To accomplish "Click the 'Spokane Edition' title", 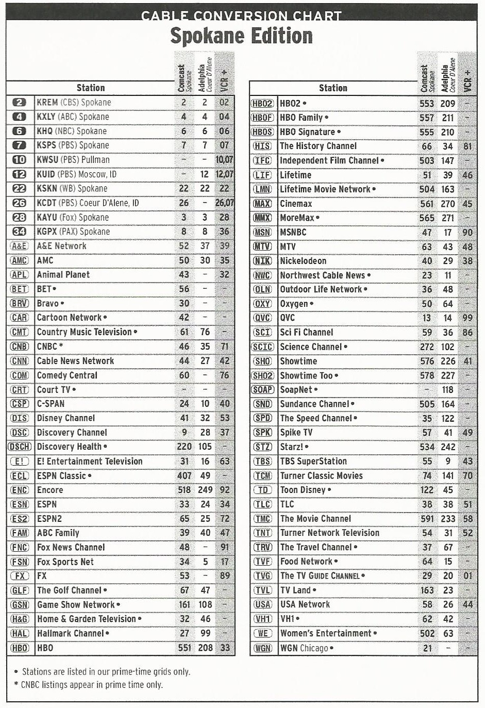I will (x=241, y=36).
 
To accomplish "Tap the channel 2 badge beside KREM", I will (x=19, y=102).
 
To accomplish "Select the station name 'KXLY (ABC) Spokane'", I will (x=73, y=117).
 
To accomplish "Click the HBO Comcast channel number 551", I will (x=185, y=648).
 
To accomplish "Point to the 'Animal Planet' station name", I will (x=63, y=274).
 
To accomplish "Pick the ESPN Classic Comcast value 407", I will (x=185, y=475).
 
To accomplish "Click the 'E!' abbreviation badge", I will (x=20, y=461).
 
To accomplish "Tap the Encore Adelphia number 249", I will (x=205, y=490).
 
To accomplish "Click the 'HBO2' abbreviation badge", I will (x=262, y=103).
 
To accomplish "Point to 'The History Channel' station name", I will (x=318, y=146).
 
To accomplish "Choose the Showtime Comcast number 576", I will (x=427, y=361).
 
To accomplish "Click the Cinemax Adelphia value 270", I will (x=448, y=204).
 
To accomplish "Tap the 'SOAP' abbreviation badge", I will (x=262, y=390).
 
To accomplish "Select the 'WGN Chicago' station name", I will (x=304, y=648).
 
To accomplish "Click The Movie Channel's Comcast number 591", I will (x=427, y=519).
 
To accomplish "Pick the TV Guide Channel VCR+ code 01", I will (x=467, y=575).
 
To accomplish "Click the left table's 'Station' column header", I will (x=91, y=88).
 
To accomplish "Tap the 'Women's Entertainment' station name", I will (x=326, y=633).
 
